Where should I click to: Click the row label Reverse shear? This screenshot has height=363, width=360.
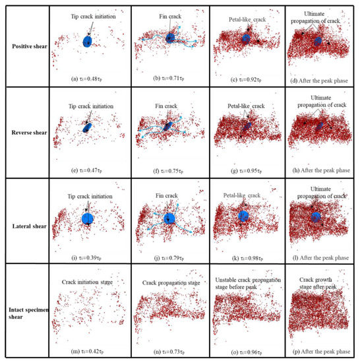[25, 132]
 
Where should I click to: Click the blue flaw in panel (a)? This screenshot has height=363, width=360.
[88, 42]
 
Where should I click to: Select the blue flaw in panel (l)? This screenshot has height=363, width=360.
[316, 216]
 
